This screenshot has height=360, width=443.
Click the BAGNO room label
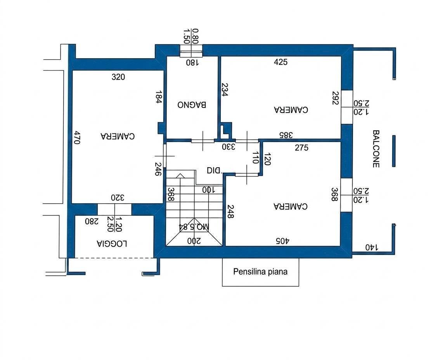pyautogui.click(x=192, y=105)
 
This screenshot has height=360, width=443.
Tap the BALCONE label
pyautogui.click(x=376, y=149)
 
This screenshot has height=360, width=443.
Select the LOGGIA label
pyautogui.click(x=112, y=244)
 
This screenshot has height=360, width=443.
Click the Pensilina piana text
pyautogui.click(x=260, y=272)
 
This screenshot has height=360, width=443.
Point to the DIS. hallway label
pyautogui.click(x=215, y=170)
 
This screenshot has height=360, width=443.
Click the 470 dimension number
pyautogui.click(x=77, y=137)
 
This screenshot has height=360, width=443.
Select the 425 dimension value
pyautogui.click(x=280, y=62)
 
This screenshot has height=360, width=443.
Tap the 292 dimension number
pyautogui.click(x=336, y=98)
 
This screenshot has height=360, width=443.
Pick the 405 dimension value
pyautogui.click(x=283, y=241)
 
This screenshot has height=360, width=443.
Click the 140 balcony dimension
pyautogui.click(x=372, y=247)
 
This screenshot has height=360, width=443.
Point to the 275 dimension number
pyautogui.click(x=301, y=147)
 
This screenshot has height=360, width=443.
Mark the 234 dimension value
pyautogui.click(x=224, y=89)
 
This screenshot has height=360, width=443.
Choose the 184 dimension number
pyautogui.click(x=159, y=97)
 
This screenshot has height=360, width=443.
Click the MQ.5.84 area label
pyautogui.click(x=194, y=227)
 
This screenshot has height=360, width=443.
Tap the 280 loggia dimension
pyautogui.click(x=92, y=221)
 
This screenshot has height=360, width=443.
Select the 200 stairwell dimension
pyautogui.click(x=194, y=241)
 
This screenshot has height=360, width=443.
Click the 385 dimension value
pyautogui.click(x=286, y=135)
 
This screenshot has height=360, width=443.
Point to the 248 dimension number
pyautogui.click(x=230, y=212)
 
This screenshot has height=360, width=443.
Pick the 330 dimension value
pyautogui.click(x=228, y=147)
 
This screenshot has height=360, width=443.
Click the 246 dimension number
pyautogui.click(x=159, y=169)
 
